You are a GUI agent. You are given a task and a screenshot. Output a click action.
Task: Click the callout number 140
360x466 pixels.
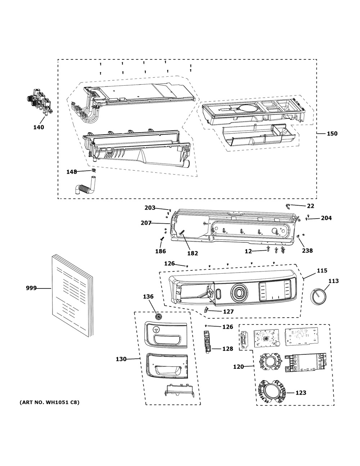pyautogui.click(x=39, y=127)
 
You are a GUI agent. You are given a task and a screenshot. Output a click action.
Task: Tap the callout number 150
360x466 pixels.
pyautogui.click(x=332, y=134)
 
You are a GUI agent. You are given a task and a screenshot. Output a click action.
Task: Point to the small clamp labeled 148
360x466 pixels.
pyautogui.click(x=93, y=170)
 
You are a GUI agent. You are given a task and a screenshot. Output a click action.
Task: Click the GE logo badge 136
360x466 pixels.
pyautogui.click(x=158, y=317)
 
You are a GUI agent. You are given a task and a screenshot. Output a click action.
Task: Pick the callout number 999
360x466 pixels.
pyautogui.click(x=31, y=288)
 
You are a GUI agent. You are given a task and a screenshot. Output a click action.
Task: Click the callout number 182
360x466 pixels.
pyautogui.click(x=193, y=253)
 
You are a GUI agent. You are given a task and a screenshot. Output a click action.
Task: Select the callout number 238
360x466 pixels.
pyautogui.click(x=307, y=251)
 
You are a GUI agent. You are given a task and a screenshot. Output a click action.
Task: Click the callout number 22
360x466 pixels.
pyautogui.click(x=310, y=206)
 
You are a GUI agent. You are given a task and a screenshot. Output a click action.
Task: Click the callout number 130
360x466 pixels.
pyautogui.click(x=121, y=359)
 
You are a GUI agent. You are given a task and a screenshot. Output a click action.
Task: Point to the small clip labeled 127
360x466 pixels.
pyautogui.click(x=206, y=309)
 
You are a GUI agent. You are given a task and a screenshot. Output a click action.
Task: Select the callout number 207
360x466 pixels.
pyautogui.click(x=147, y=223)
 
